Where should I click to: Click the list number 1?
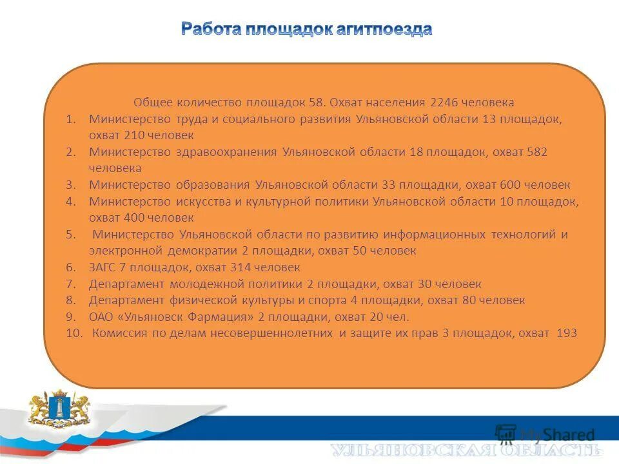tap(71, 119)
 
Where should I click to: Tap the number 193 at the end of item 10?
tap(566, 333)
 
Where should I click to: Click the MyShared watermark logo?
tap(545, 434)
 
